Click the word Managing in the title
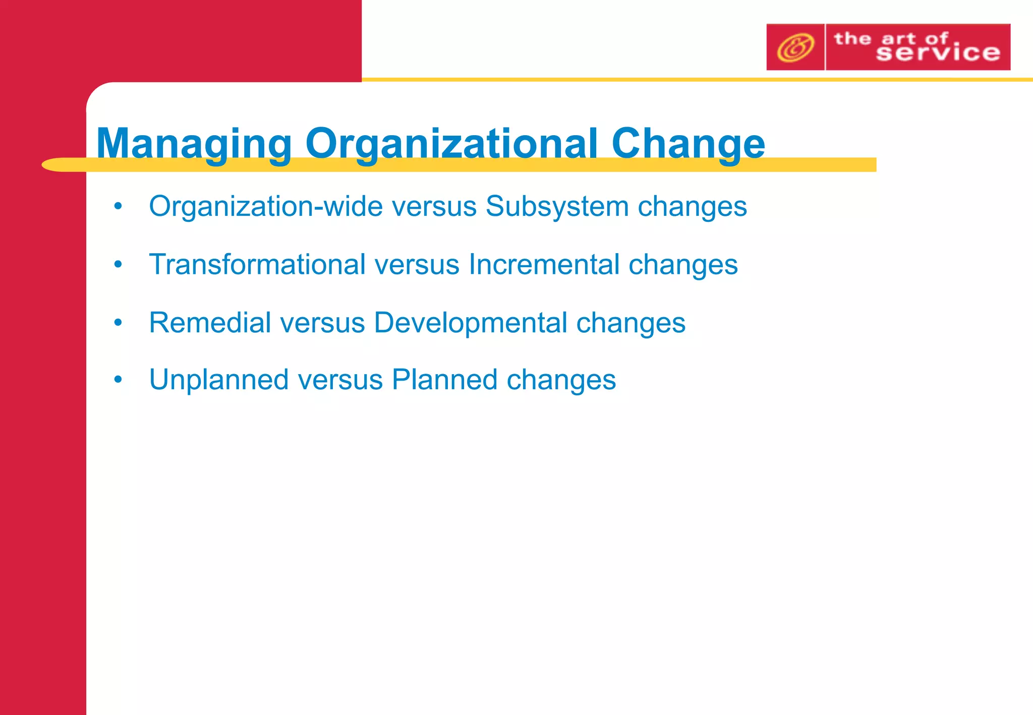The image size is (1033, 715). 194,144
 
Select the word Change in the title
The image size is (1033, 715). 688,144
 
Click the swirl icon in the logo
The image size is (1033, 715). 795,47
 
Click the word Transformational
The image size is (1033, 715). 257,264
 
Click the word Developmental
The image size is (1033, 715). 471,322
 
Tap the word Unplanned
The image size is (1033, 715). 219,380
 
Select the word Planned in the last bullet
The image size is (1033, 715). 444,380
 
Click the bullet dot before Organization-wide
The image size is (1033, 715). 118,206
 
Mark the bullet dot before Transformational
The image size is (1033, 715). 118,264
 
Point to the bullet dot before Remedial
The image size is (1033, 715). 118,322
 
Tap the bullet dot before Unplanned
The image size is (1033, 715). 118,380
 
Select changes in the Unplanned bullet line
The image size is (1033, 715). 561,380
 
